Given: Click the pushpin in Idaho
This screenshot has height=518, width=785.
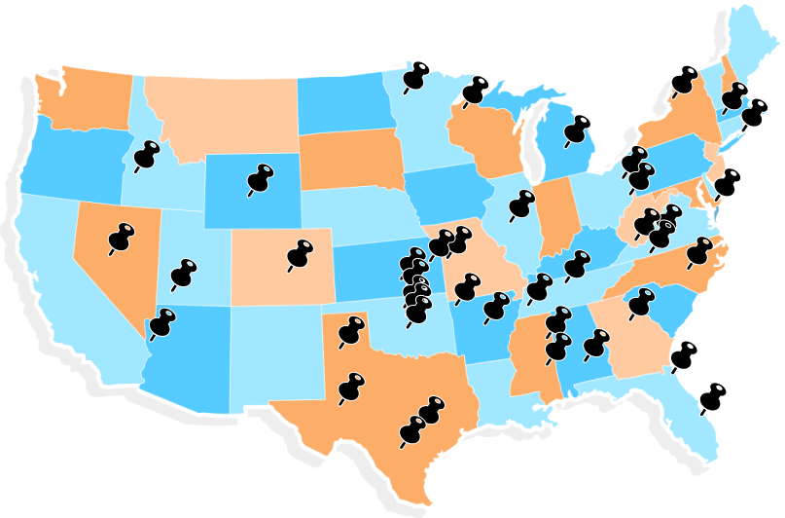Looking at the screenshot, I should [147, 154].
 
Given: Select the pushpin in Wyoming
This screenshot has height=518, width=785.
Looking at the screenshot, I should [261, 177].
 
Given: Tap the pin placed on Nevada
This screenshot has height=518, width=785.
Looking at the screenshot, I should [123, 237].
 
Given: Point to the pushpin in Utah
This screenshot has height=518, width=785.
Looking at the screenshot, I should [183, 272].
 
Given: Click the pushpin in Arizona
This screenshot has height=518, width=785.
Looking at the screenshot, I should [161, 321].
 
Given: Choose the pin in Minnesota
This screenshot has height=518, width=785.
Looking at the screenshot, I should [417, 77].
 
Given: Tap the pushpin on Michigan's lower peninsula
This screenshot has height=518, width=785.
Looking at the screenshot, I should [579, 129].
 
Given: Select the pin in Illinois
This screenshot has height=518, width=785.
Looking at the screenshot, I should [522, 204].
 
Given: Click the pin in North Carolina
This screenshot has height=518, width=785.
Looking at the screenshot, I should [698, 250].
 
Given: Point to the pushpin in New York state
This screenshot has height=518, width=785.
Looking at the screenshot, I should [685, 80].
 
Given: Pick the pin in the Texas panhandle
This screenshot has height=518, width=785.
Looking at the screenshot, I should [351, 330].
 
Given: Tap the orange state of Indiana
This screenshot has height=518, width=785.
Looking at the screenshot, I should [557, 214].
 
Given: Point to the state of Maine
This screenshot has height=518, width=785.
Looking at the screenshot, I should [754, 54].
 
